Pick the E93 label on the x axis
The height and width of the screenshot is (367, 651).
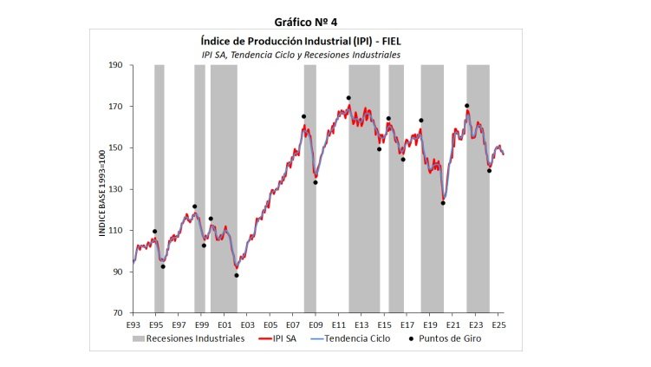click(133, 324)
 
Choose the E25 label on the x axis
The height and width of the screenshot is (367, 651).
click(498, 324)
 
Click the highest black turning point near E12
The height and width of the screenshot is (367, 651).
click(348, 98)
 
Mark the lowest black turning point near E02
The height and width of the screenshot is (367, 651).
click(237, 275)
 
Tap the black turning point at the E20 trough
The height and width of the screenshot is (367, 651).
click(443, 203)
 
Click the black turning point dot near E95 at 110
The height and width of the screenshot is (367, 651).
click(155, 232)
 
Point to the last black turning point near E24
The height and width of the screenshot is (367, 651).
click(489, 171)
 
